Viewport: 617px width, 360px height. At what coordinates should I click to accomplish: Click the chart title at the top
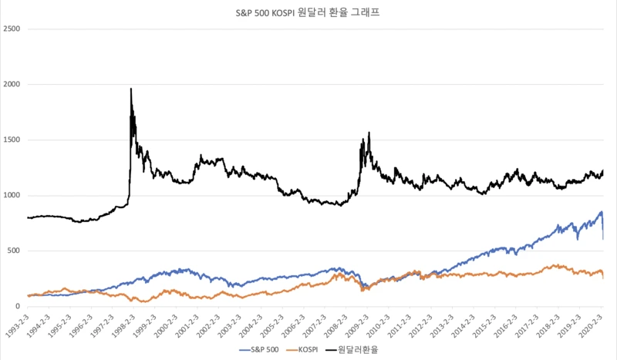point(308,13)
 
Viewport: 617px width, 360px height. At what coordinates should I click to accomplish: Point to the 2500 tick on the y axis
point(11,29)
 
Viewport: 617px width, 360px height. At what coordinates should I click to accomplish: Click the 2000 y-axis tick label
point(11,84)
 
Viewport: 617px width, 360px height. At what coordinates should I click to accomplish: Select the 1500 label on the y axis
point(11,140)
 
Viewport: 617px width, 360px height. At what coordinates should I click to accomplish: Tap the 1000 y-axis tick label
point(11,195)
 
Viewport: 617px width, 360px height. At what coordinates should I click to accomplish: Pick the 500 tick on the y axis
point(13,251)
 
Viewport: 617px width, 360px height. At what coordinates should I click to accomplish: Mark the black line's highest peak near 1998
point(131,89)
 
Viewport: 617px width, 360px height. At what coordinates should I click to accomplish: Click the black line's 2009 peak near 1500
point(369,133)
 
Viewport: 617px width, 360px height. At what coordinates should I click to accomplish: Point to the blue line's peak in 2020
point(601,212)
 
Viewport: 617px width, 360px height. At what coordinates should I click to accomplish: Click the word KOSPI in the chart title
point(279,13)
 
